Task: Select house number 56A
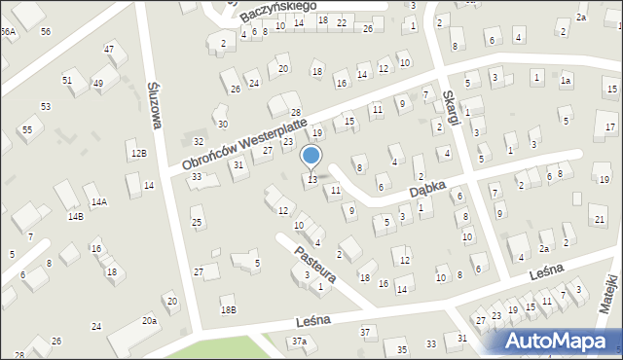pyautogui.click(x=8, y=32)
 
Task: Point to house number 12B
pyautogui.click(x=139, y=153)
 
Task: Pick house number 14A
pyautogui.click(x=98, y=202)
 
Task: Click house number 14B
pyautogui.click(x=75, y=216)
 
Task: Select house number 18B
pyautogui.click(x=228, y=309)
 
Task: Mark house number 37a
pyautogui.click(x=299, y=342)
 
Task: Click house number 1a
pyautogui.click(x=565, y=81)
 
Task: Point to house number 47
pyautogui.click(x=109, y=49)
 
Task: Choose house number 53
pyautogui.click(x=45, y=105)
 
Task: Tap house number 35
pyautogui.click(x=400, y=349)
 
